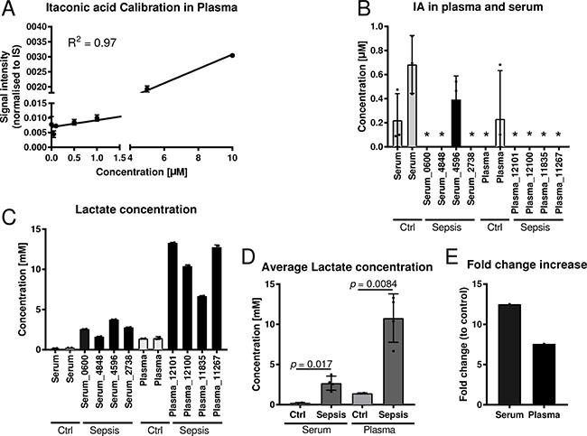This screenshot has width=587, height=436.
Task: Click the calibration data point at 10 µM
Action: pyautogui.click(x=232, y=55)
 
